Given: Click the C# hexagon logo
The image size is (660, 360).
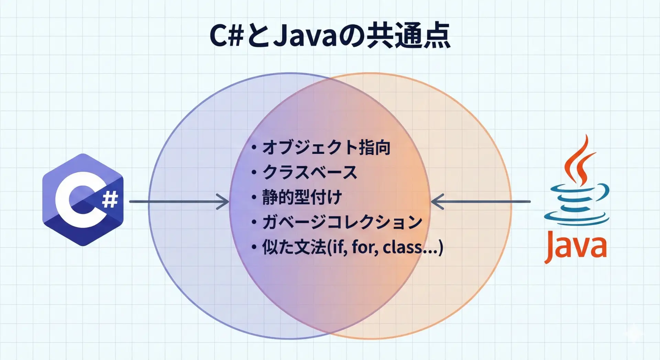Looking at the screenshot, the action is [83, 200].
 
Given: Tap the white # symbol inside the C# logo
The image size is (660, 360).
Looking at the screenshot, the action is [110, 199].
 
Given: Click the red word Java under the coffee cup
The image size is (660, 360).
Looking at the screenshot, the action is [575, 246].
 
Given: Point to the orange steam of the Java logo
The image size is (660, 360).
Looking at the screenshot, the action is [579, 160].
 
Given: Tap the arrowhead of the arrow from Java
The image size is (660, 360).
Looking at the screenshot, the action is [437, 201].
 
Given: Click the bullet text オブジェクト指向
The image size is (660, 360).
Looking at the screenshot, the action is [326, 148].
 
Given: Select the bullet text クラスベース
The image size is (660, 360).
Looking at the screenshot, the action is [310, 172].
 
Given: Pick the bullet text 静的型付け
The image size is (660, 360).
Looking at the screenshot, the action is [302, 197].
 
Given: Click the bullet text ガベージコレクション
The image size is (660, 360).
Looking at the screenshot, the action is [342, 222].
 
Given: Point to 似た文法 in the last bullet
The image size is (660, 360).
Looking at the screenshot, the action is [294, 247].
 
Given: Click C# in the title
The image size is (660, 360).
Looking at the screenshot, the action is [227, 35].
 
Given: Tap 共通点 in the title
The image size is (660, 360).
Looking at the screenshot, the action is [408, 35].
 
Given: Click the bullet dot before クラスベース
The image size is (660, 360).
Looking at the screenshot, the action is [254, 172].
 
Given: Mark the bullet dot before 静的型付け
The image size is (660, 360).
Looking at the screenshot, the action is [254, 197].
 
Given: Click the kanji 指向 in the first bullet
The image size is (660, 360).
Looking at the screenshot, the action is [374, 148].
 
